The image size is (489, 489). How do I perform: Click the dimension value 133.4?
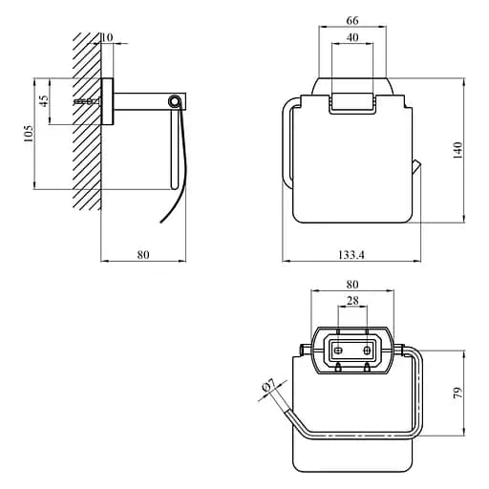[x=351, y=255]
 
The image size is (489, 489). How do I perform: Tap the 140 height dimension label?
[x=457, y=151]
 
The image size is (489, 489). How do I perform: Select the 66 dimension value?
[x=352, y=20]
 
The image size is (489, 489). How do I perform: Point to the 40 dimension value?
[x=352, y=37]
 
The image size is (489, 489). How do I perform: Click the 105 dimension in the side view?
[x=29, y=134]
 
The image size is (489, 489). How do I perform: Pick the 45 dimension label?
[x=44, y=101]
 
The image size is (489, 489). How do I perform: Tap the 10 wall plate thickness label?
[x=107, y=37]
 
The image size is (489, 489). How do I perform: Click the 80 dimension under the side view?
[x=143, y=255]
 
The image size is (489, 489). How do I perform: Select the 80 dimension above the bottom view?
[x=352, y=284]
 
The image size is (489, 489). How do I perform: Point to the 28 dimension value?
[x=352, y=300]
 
